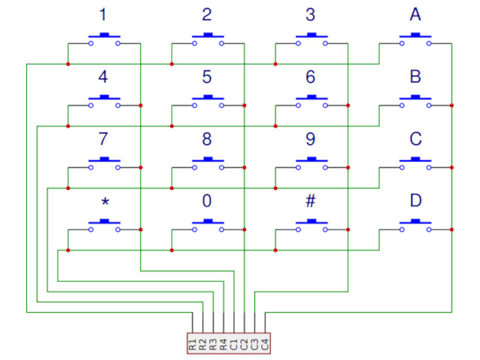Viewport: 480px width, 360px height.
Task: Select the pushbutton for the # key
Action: pos(311,225)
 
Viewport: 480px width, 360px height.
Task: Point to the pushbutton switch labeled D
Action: pos(415,225)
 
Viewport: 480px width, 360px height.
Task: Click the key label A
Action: pos(415,14)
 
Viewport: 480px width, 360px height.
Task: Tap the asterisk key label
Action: pos(104,202)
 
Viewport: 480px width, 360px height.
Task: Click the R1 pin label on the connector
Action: pos(193,344)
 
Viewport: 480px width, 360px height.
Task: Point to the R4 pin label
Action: pos(223,344)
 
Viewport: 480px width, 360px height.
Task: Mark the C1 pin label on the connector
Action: pos(233,344)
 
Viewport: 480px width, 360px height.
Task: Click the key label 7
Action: pos(103,139)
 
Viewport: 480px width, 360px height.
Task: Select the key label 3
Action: pos(310,14)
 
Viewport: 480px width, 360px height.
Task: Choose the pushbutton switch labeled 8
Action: pos(208,163)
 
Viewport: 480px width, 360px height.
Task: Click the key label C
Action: pos(415,139)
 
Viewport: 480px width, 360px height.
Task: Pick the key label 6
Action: pos(310,76)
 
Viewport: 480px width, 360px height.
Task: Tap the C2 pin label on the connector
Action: pos(244,344)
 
